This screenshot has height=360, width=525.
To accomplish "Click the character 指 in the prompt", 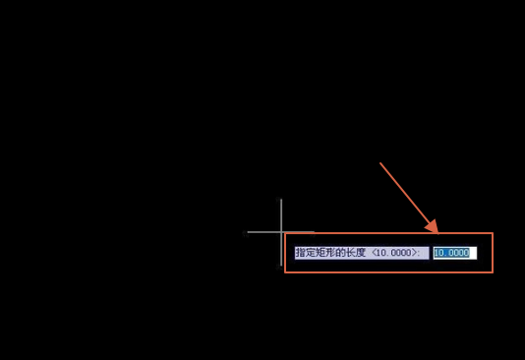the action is coord(300,253).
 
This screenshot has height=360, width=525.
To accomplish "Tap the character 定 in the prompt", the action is coord(310,253).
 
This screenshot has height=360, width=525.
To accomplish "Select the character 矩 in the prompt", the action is coord(320,253).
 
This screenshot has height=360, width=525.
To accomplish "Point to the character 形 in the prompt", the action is coord(329,253).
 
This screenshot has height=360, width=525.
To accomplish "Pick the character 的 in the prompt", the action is coord(340,253).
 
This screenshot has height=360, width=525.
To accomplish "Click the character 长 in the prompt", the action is coord(350,253).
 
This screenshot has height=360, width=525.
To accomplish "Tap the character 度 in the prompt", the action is coord(360,253).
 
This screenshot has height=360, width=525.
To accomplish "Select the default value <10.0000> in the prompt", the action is coord(394,253).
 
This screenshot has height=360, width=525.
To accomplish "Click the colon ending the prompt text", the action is coord(419,253).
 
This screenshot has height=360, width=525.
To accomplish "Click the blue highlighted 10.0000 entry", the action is coord(451,253).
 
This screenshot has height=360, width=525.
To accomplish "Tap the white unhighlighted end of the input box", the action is coord(473,253).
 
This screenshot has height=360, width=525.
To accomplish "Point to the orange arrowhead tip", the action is coord(437,232).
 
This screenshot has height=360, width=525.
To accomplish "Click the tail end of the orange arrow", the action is coord(380,163).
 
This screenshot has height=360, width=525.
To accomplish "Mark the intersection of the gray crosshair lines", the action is coord(281,232).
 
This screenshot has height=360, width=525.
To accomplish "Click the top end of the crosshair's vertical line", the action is coord(281,199).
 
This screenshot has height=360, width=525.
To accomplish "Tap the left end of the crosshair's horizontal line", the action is coord(247,232).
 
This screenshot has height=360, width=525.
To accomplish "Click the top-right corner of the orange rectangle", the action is coord(493,233).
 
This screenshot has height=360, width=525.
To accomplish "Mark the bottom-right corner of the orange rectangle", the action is coord(493,272).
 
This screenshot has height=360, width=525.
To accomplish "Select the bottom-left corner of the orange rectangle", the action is coord(285,272).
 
